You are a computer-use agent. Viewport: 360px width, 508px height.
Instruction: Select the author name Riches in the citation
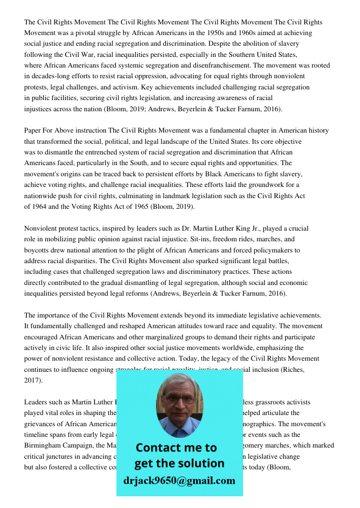pos(292,370)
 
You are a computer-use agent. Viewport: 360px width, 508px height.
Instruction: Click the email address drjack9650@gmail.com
pos(179,481)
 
